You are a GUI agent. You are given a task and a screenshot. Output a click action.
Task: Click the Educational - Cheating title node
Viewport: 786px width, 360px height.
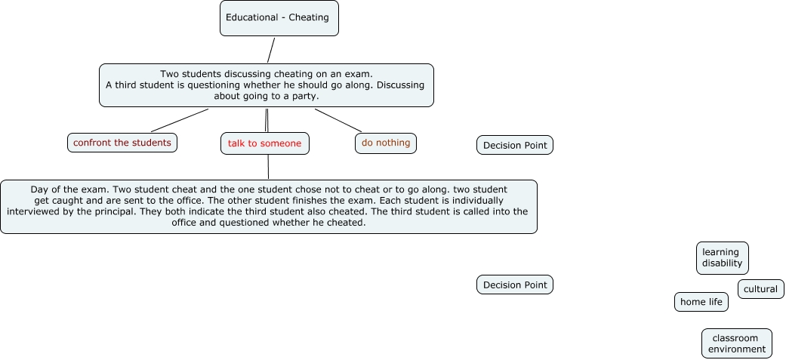tap(279, 18)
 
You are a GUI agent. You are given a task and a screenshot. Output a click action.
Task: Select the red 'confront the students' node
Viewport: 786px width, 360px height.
tap(122, 143)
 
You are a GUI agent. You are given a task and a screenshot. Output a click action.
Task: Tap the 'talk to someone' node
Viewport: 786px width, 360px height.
tap(264, 143)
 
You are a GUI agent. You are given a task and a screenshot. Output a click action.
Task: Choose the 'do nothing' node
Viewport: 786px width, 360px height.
tap(385, 143)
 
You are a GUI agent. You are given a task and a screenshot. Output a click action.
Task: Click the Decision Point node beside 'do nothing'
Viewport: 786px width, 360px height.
tap(514, 145)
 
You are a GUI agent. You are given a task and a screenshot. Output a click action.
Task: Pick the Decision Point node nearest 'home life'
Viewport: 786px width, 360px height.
tap(514, 285)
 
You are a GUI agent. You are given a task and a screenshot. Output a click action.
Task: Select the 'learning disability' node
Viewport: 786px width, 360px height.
tap(722, 258)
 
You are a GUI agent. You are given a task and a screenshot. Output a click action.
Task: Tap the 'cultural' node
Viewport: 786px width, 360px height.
tap(760, 289)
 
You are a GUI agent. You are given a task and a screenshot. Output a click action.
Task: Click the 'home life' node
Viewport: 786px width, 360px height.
tap(701, 302)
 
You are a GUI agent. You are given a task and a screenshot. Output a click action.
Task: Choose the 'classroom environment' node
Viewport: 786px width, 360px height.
tap(736, 343)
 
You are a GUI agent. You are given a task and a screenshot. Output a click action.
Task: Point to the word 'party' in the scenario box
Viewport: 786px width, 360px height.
tap(304, 96)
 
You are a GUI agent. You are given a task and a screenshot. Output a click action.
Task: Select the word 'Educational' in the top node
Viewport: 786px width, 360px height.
tap(251, 17)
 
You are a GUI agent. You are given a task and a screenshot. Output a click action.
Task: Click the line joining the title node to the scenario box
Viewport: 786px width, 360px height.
tap(270, 50)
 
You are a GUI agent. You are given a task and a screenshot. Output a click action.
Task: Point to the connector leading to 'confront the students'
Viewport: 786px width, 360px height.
tap(180, 120)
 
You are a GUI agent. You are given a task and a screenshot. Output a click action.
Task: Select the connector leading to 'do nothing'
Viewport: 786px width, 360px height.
tap(338, 120)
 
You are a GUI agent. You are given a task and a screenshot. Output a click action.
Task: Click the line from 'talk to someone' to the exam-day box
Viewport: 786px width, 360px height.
tap(268, 167)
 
